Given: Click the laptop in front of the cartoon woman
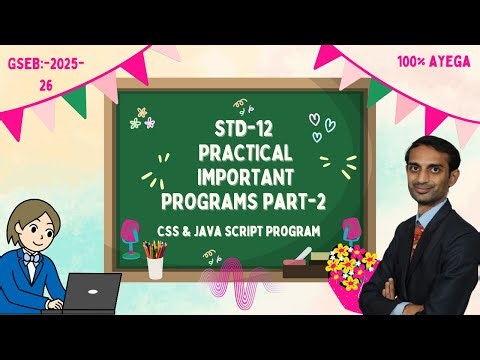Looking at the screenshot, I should pos(91,292).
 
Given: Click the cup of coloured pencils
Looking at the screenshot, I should pos(154,262).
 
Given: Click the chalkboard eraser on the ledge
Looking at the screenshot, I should pos(304,267).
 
